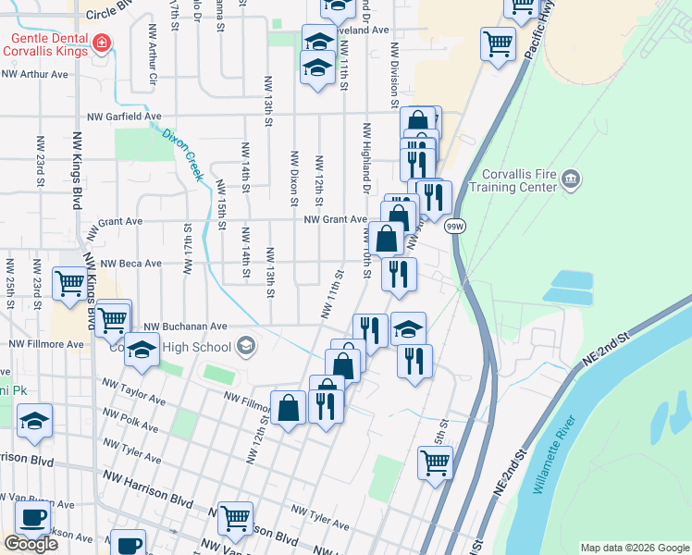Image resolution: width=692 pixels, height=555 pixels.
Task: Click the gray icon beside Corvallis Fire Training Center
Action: pyautogui.click(x=570, y=179)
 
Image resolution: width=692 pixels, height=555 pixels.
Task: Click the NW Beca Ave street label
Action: pyautogui.click(x=130, y=264)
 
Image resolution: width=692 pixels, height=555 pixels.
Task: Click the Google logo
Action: pyautogui.click(x=30, y=544)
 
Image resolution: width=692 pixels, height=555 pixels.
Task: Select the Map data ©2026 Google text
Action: pyautogui.click(x=635, y=548)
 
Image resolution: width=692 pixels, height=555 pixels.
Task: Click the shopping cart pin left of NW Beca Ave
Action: pyautogui.click(x=70, y=284)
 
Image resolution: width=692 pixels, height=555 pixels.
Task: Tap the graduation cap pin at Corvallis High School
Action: pyautogui.click(x=142, y=350)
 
